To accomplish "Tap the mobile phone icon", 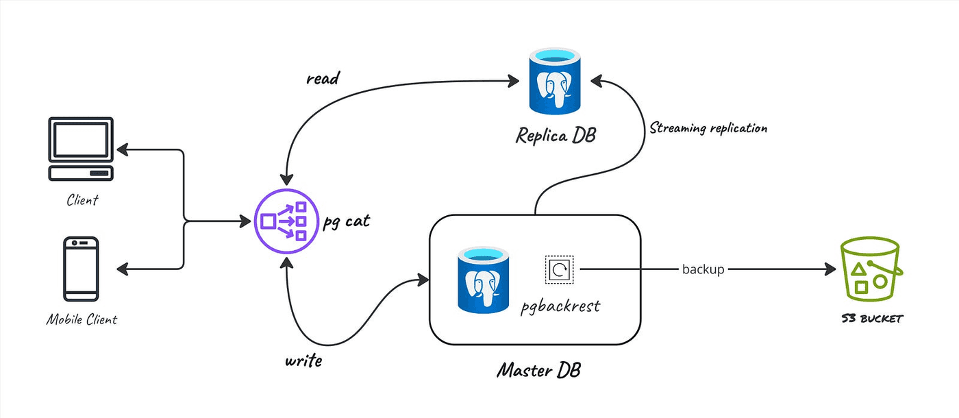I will click(82, 269).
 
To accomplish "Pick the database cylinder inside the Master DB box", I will click(484, 278).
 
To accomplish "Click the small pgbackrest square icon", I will click(558, 269).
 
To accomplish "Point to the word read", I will click(323, 79).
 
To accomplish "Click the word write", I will click(303, 360).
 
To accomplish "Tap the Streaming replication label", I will click(708, 127).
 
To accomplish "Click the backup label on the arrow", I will click(703, 269).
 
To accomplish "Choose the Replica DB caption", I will click(555, 135).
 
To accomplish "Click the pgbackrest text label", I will click(560, 305).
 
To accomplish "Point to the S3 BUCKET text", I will click(872, 319).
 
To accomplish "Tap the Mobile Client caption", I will click(82, 319).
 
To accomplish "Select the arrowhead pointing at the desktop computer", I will click(123, 149).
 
